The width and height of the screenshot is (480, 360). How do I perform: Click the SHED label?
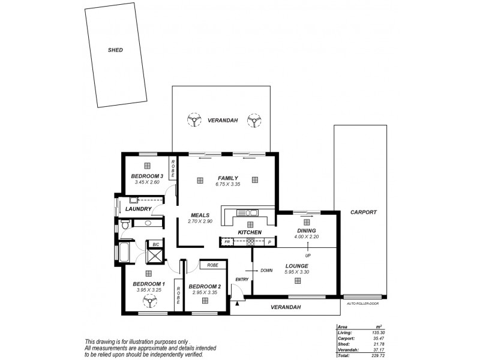pos(115,50)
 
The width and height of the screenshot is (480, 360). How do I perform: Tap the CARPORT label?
pos(364,212)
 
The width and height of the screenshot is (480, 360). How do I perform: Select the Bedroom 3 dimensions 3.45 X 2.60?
pos(146,182)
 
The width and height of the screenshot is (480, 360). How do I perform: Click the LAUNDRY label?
pos(137,209)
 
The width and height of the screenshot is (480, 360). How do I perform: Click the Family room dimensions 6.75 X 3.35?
pos(228,184)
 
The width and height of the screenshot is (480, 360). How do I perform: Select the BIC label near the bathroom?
pos(155,245)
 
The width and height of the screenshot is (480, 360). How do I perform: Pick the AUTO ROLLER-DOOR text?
pos(364,304)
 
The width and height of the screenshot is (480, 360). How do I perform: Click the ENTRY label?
pos(242,279)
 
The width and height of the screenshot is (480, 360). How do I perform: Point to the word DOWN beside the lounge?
pos(267,271)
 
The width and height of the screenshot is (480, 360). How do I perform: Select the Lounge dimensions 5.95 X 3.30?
pos(296,272)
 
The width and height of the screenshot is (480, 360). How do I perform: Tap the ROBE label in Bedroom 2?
pos(212,265)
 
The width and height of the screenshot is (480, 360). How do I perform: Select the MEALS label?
pos(199,215)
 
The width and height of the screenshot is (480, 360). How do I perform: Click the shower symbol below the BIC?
pos(155,256)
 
